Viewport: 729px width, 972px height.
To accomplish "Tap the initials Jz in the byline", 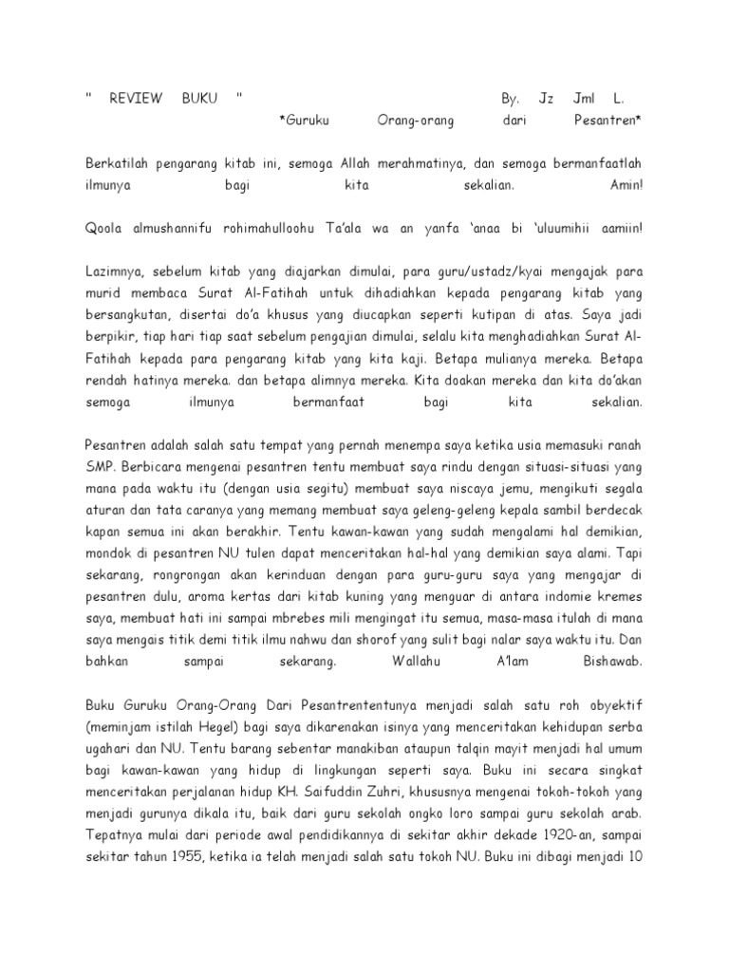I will pyautogui.click(x=546, y=98).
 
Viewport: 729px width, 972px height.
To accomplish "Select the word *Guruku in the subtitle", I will pyautogui.click(x=307, y=121).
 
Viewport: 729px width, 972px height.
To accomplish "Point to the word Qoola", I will pyautogui.click(x=105, y=229).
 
